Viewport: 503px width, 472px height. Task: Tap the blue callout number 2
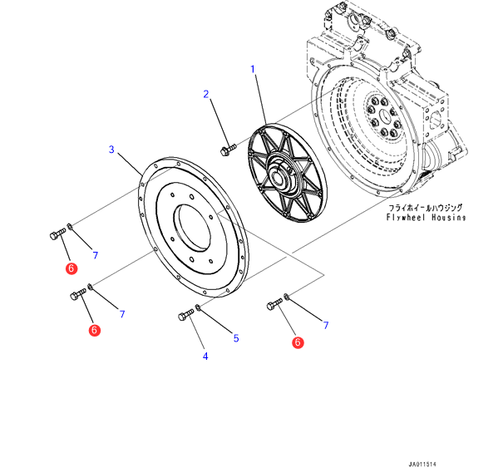[206, 94]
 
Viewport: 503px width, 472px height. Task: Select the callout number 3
[111, 150]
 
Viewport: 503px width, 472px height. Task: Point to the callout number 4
[205, 356]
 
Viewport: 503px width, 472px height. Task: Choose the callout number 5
[235, 338]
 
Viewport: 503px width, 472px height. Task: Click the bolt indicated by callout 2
[226, 150]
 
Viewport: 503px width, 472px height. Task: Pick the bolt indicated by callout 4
[186, 316]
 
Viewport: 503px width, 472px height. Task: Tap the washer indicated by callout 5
[200, 309]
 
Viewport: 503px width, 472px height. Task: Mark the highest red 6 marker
[72, 268]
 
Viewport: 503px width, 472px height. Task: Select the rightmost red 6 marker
[298, 342]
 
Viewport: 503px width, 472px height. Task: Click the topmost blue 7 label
[96, 254]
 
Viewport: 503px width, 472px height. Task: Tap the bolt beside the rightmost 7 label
[274, 305]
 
